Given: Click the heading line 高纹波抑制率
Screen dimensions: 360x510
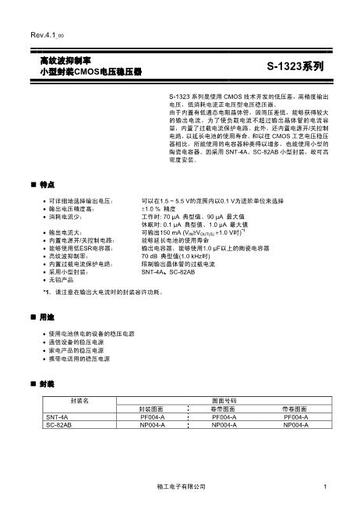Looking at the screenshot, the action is (x=66, y=60).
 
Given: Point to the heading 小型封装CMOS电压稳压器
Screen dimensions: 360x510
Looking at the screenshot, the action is (x=90, y=71).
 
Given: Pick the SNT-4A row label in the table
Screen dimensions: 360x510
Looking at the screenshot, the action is (x=58, y=417).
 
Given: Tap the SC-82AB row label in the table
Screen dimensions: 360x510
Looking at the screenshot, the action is (x=59, y=426).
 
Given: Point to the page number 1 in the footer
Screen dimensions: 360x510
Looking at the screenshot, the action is (x=323, y=487).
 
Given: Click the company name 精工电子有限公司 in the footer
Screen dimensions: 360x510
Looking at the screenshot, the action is (x=180, y=487).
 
